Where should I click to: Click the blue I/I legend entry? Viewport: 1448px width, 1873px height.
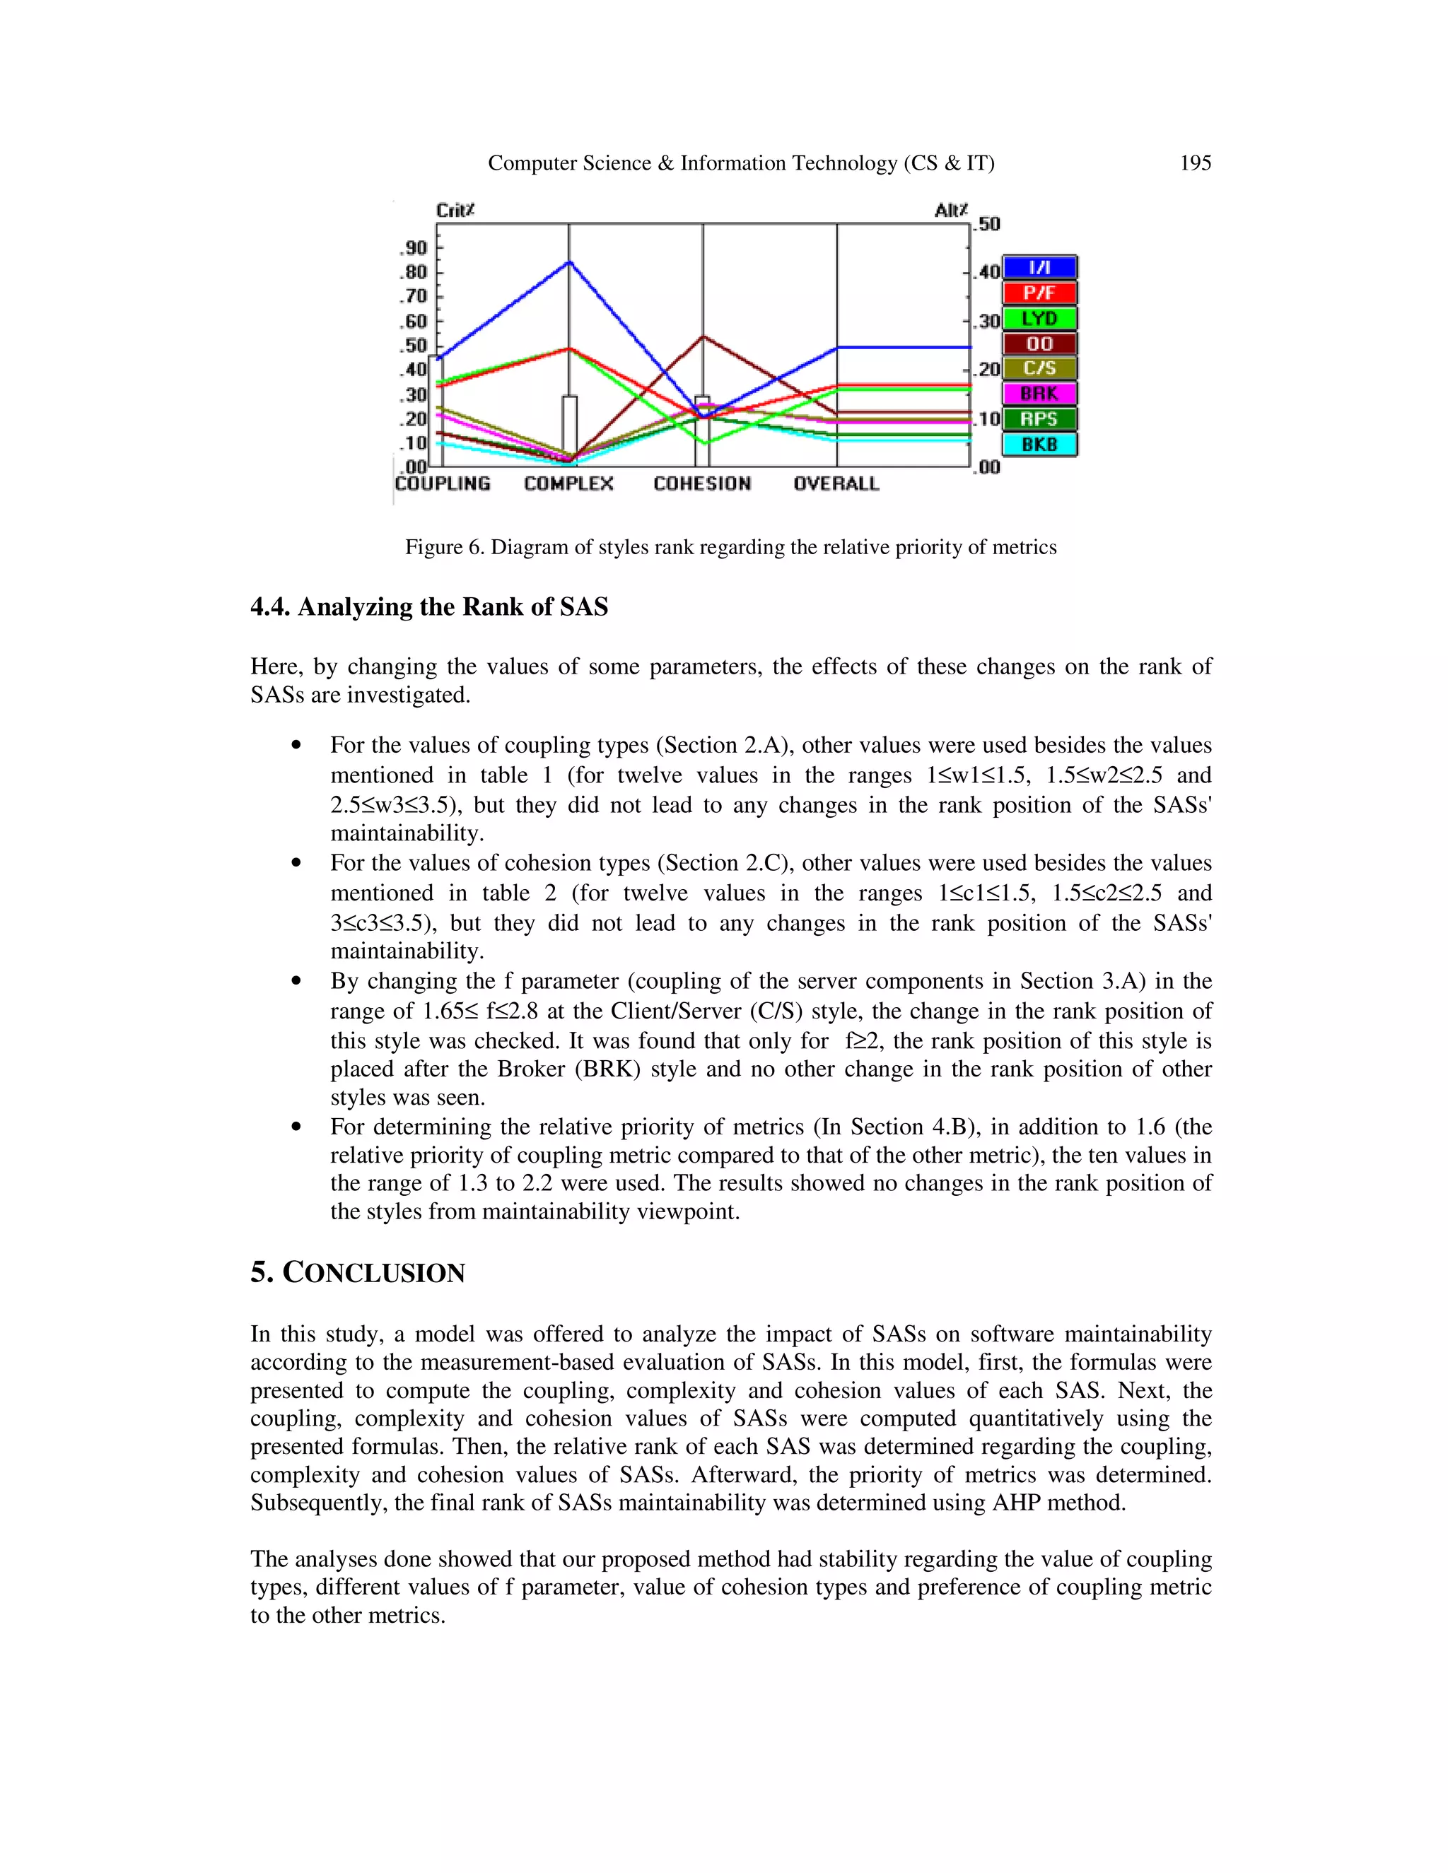pyautogui.click(x=1039, y=269)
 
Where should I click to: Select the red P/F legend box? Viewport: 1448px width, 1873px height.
pyautogui.click(x=1039, y=293)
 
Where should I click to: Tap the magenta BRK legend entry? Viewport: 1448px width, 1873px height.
pyautogui.click(x=1039, y=394)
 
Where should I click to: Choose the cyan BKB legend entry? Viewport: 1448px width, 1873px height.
pyautogui.click(x=1039, y=445)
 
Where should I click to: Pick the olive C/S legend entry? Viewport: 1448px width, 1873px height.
pyautogui.click(x=1039, y=369)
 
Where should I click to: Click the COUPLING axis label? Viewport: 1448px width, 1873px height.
pyautogui.click(x=443, y=483)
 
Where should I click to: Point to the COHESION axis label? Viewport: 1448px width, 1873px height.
pyautogui.click(x=701, y=483)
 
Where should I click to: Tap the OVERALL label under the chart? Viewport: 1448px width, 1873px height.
pyautogui.click(x=836, y=483)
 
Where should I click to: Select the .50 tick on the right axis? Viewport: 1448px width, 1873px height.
pyautogui.click(x=988, y=224)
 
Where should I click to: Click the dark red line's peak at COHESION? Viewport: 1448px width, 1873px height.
pyautogui.click(x=703, y=336)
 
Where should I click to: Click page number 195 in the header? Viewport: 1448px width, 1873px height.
pyautogui.click(x=1195, y=163)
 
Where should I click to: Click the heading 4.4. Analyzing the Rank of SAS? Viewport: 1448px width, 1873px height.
pyautogui.click(x=429, y=607)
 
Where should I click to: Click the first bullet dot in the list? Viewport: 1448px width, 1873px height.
pyautogui.click(x=296, y=745)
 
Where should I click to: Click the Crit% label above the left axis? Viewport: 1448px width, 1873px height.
pyautogui.click(x=455, y=210)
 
